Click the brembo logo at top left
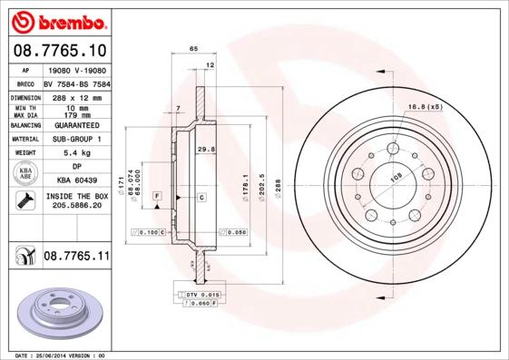59,20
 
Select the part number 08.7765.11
75,258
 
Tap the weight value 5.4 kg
75,153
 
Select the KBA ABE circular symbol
25,173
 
